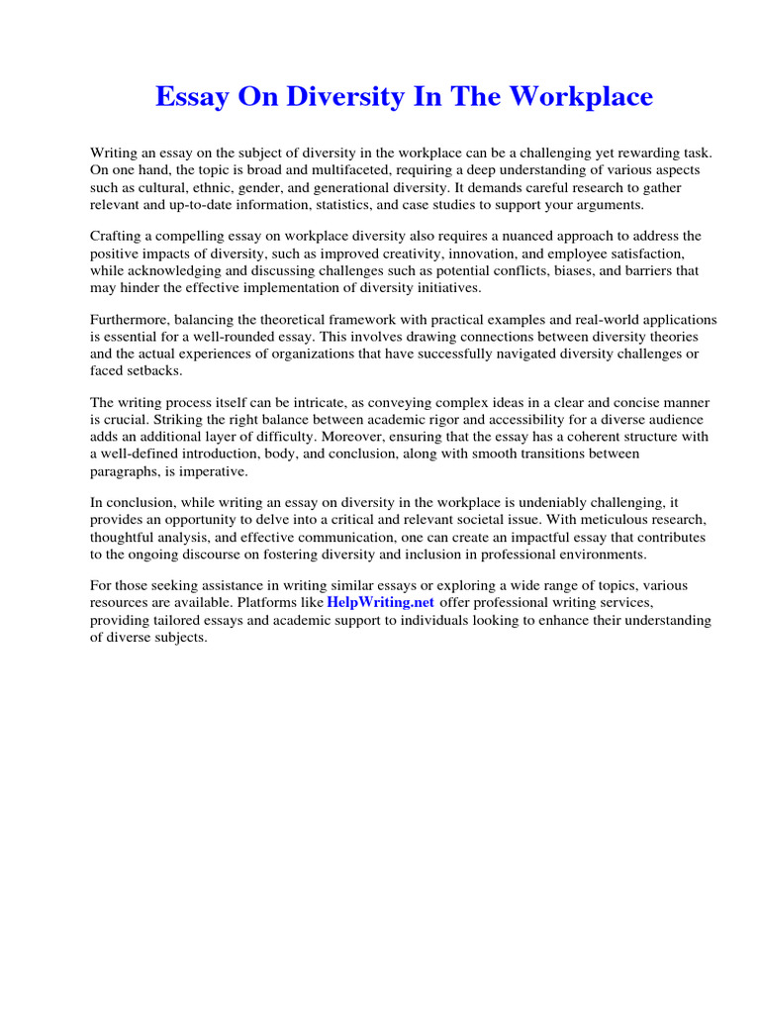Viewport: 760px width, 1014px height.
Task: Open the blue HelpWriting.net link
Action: (x=380, y=603)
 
